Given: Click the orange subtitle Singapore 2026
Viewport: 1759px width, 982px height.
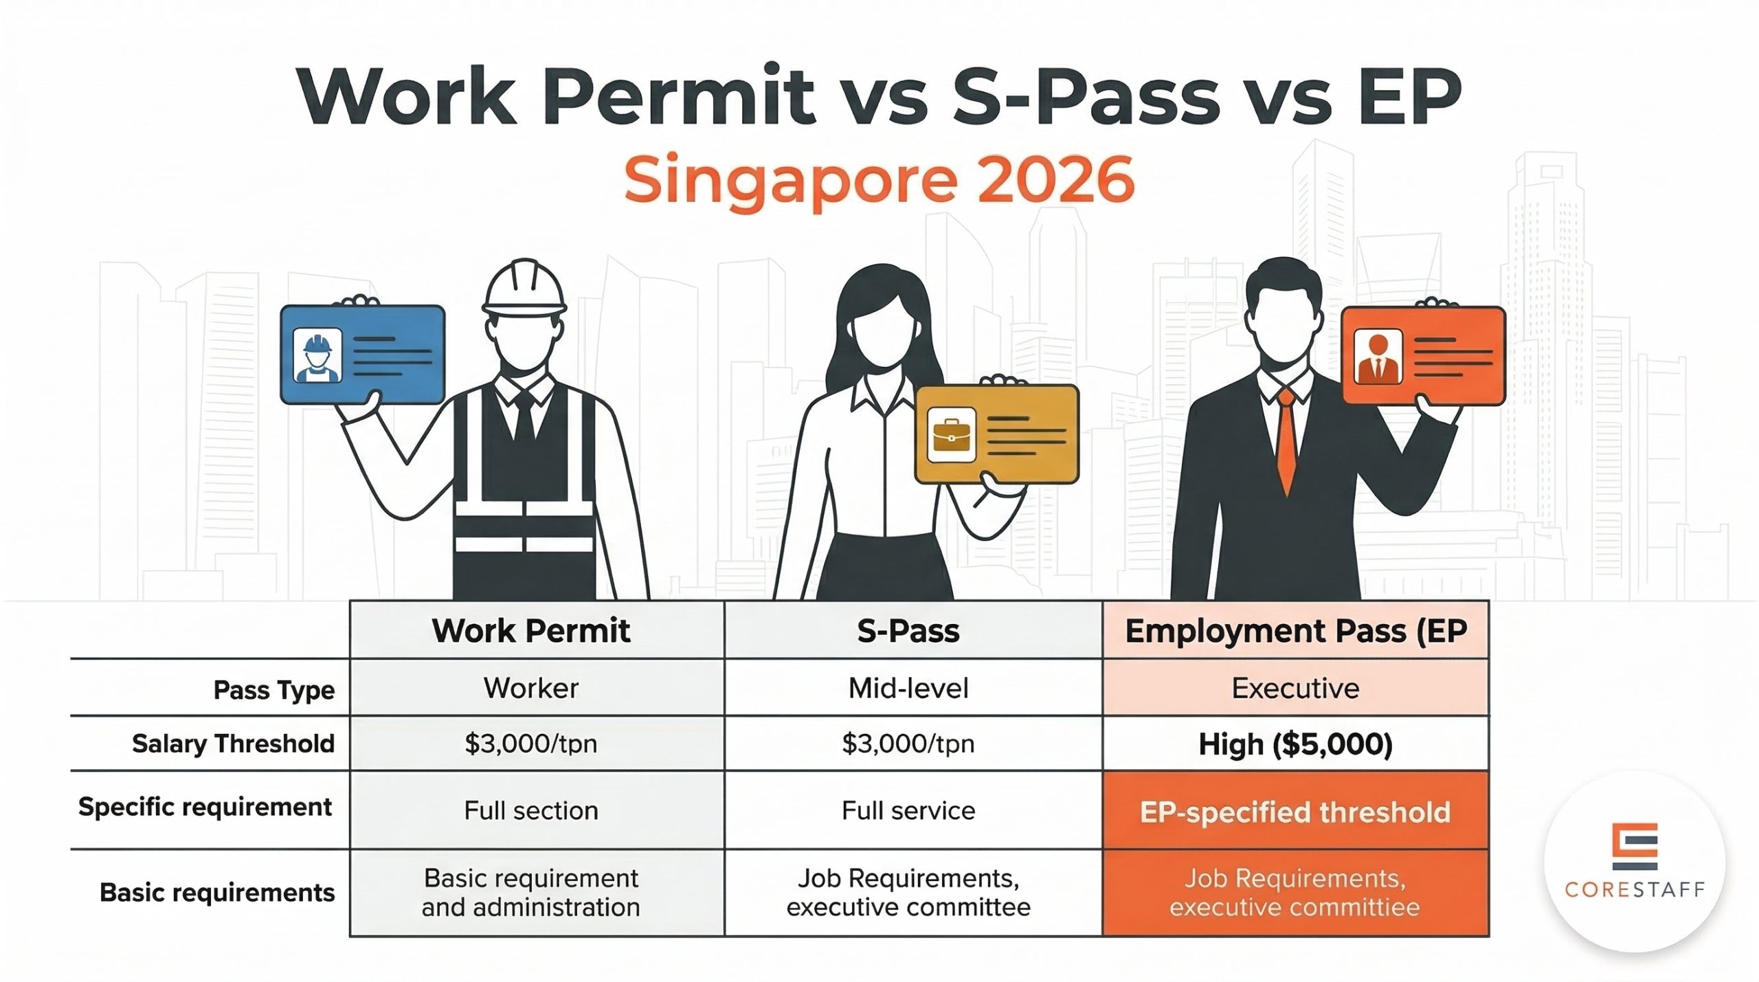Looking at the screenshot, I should [879, 180].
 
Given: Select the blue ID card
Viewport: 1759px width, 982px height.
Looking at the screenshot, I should [363, 355].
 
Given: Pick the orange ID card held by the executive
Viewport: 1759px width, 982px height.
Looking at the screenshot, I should [1423, 356].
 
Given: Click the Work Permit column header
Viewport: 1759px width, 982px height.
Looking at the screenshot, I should [531, 631].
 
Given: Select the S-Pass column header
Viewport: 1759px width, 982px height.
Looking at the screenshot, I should [908, 631].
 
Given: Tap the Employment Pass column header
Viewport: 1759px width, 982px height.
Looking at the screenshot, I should [1295, 631].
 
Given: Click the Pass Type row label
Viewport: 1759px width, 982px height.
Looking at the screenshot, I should [273, 689].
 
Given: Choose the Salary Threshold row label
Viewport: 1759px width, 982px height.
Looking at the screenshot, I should [233, 744].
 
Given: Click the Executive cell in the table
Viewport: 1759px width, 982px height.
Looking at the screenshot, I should [1295, 689].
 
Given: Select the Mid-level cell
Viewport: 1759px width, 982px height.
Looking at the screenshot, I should [908, 689].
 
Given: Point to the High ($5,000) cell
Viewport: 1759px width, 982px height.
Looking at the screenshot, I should [1295, 744].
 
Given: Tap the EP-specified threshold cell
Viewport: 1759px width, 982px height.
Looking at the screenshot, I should [1295, 812].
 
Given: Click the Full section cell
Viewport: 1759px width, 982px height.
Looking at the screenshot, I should [531, 811].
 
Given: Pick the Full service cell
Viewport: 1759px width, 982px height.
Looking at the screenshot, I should [908, 811].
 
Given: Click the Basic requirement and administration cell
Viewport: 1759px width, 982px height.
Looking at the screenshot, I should [531, 893].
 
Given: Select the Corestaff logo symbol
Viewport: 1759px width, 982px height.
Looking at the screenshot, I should [1634, 847].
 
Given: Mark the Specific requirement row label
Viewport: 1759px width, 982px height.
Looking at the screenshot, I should [205, 807].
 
